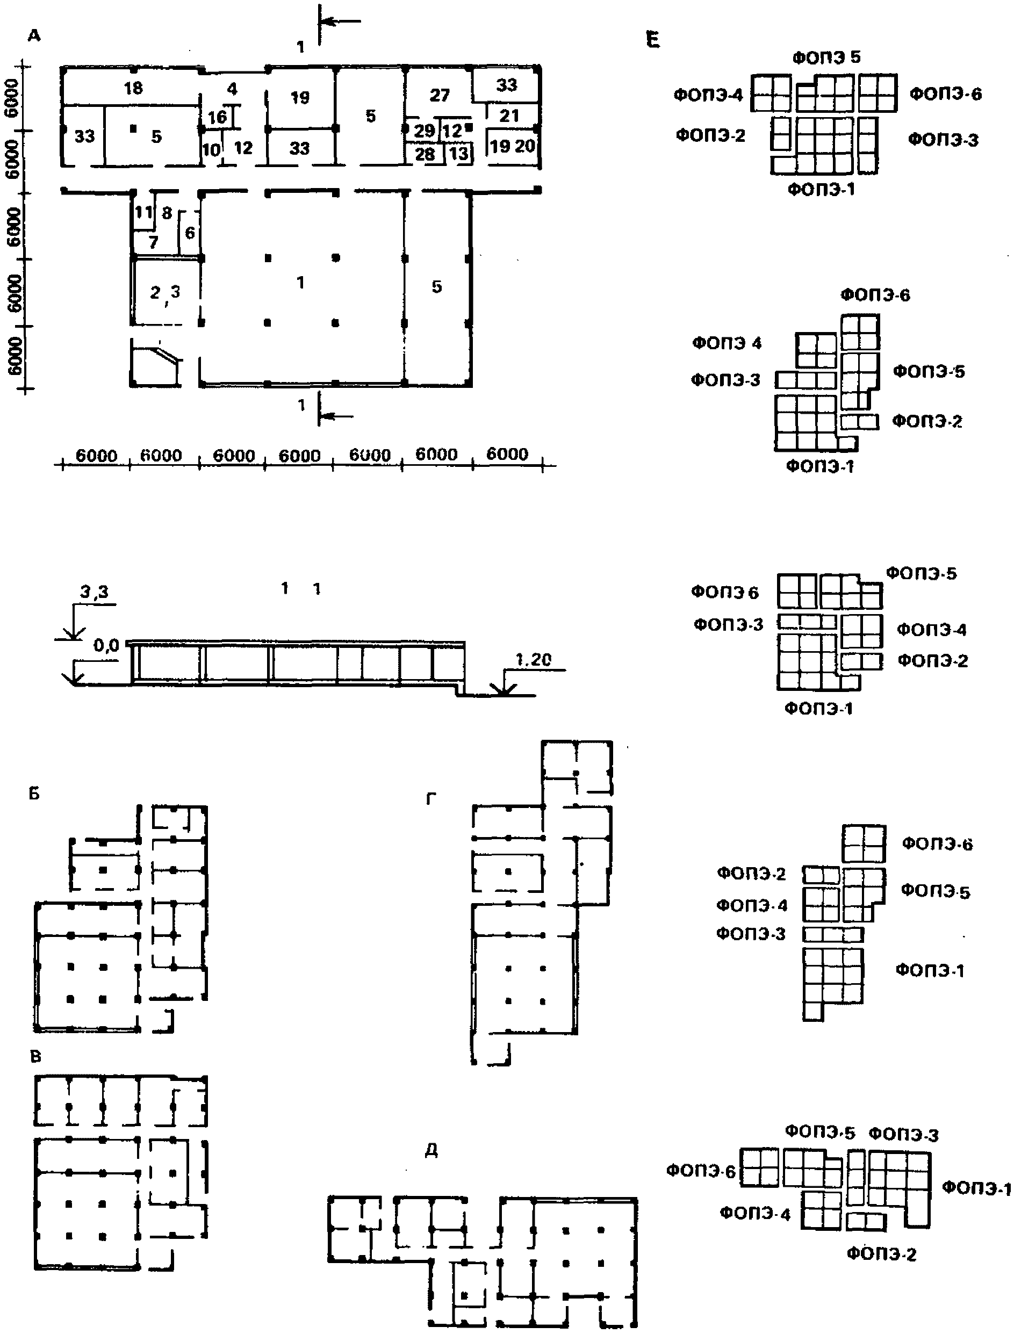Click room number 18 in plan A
133,88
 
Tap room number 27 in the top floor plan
440,95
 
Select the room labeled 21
509,115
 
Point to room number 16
217,117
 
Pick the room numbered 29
425,131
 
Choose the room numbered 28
425,154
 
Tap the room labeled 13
459,153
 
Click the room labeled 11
143,212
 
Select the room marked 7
153,242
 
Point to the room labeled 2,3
165,293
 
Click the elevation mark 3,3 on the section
95,593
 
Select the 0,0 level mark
106,646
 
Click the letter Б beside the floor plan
34,794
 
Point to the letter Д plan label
431,1151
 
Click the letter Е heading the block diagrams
652,41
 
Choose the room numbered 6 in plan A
190,232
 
